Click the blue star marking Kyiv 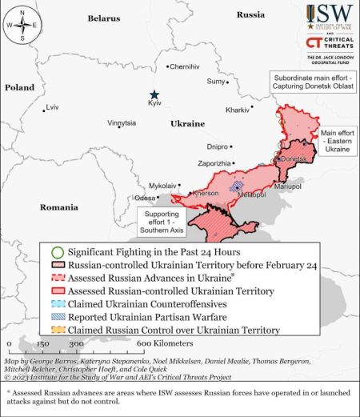[x=154, y=94]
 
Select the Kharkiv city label [x=238, y=109]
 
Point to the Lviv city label [x=53, y=106]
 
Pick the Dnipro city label [x=218, y=146]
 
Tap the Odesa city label [x=146, y=198]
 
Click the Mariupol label [x=287, y=186]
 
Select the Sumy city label [x=217, y=81]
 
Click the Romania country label [x=59, y=206]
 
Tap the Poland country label [x=19, y=86]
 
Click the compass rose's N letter [x=23, y=9]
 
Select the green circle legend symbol [x=55, y=250]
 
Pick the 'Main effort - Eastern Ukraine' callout [x=337, y=140]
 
